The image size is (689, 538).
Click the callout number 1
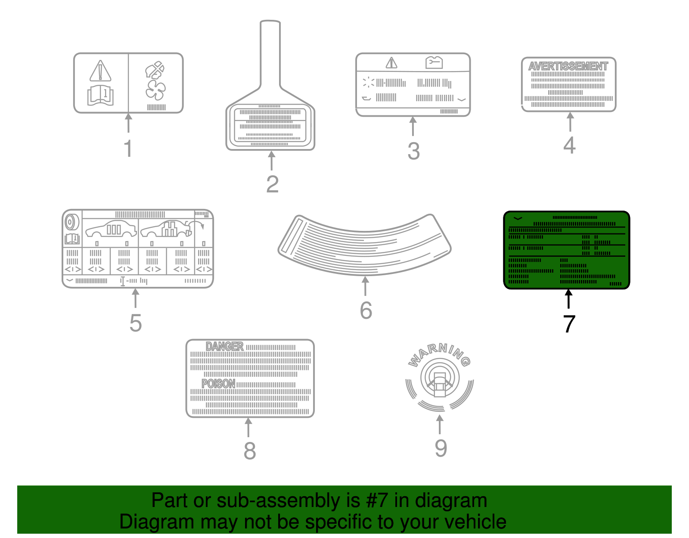128,149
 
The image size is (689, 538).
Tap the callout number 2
272,184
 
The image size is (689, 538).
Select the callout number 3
413,151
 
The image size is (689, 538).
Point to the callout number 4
569,145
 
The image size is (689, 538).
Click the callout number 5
135,323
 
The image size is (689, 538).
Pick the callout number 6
366,311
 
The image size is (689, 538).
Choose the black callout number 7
569,324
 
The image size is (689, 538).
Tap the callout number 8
249,451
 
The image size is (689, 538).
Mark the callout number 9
441,448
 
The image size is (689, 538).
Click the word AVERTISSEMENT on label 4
568,66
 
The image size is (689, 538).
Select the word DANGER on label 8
224,347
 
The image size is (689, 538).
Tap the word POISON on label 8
218,384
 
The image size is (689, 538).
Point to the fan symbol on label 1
155,90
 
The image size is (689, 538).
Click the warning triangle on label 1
100,71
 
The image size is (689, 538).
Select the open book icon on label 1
100,95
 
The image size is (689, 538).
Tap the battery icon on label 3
434,62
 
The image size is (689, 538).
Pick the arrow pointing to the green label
569,299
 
